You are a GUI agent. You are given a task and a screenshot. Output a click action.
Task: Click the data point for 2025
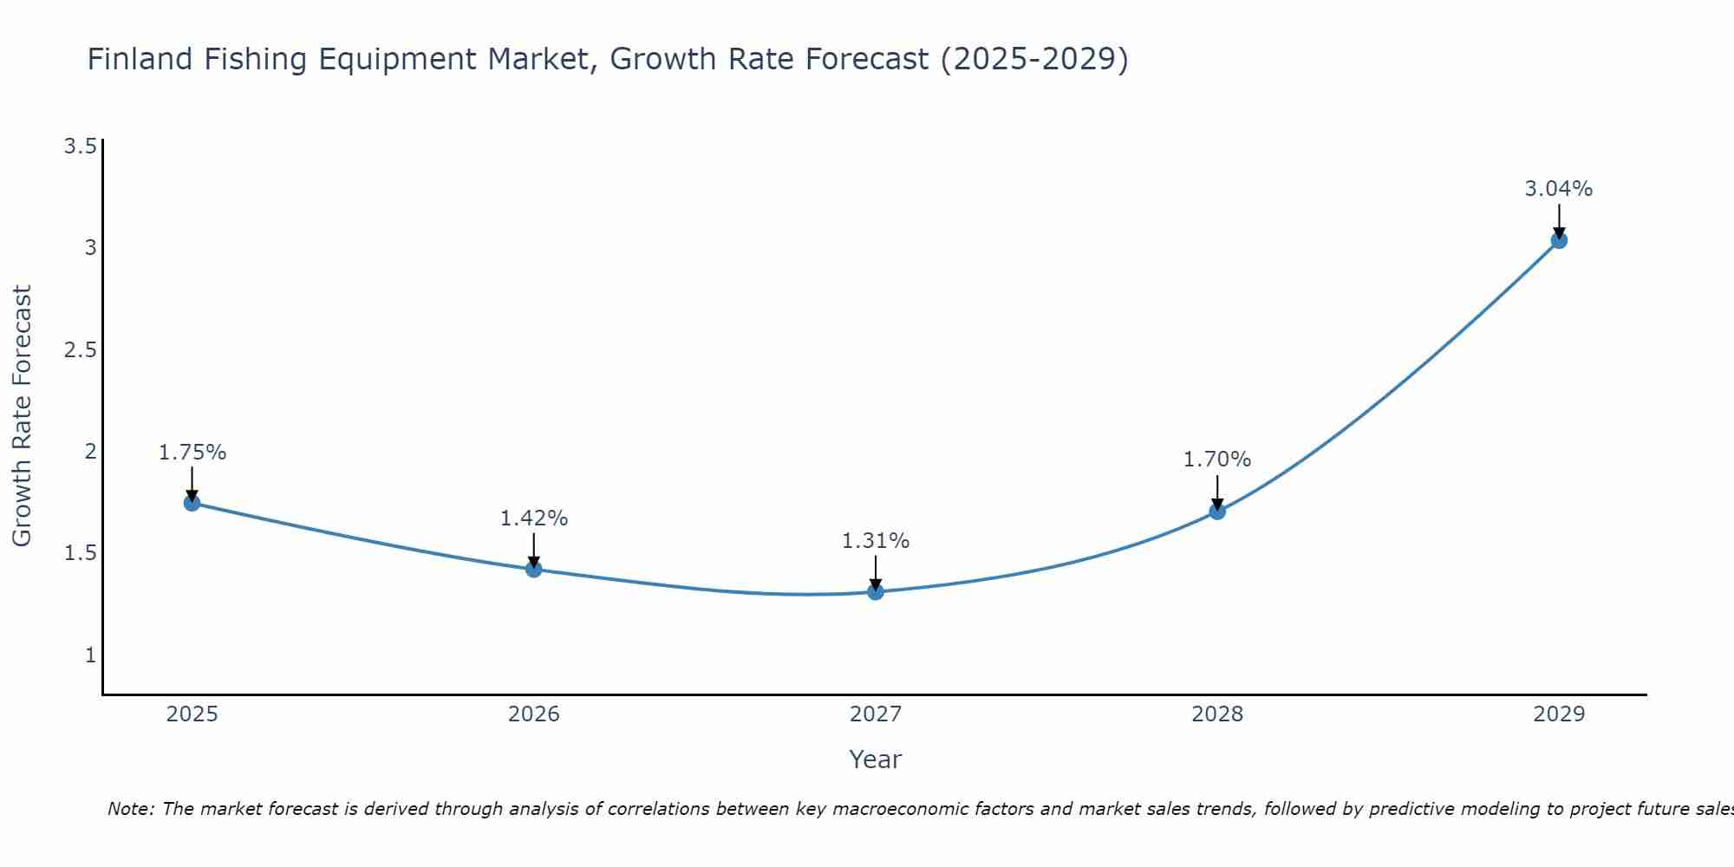[x=192, y=503]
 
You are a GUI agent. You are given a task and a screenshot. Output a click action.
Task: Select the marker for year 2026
[x=534, y=570]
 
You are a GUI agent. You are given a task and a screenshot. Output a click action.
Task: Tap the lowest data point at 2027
[x=876, y=592]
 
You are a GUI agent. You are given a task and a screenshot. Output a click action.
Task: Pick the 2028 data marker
[x=1217, y=512]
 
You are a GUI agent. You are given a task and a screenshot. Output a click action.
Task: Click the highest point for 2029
[x=1559, y=240]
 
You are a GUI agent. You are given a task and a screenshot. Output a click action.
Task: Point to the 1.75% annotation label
[x=192, y=453]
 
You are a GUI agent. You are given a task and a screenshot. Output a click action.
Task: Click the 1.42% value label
[x=534, y=518]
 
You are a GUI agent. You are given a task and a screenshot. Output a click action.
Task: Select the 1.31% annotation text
[x=876, y=541]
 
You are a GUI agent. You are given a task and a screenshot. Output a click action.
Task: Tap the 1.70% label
[x=1217, y=460]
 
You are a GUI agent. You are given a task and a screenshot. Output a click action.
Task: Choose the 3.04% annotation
[x=1559, y=189]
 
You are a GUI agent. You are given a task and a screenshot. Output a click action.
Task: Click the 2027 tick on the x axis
[x=876, y=714]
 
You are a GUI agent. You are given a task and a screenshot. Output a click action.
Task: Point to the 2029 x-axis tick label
[x=1559, y=714]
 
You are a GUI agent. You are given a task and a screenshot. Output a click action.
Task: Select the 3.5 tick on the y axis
[x=80, y=146]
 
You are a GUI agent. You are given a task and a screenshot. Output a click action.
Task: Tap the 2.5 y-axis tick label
[x=80, y=349]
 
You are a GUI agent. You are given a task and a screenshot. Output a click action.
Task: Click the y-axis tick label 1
[x=90, y=655]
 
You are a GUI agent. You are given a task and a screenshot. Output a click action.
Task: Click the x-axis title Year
[x=876, y=759]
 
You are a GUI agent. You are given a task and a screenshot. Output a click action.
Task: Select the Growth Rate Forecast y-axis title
[x=23, y=416]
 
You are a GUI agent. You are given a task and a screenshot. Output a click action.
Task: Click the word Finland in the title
[x=140, y=59]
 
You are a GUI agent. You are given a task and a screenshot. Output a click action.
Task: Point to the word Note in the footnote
[x=130, y=809]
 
